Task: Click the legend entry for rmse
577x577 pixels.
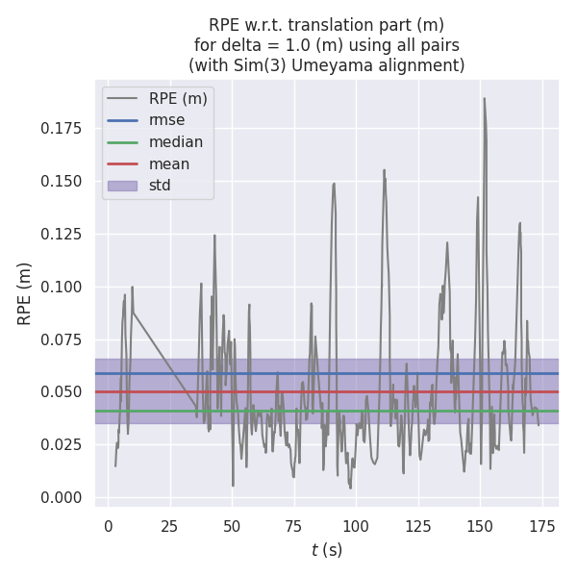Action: (165, 120)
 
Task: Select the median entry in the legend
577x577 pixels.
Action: (175, 142)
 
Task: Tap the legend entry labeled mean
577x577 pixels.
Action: (168, 163)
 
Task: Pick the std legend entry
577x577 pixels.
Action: (160, 185)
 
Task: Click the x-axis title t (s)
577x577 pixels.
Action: (327, 550)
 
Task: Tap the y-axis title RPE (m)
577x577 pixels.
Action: (25, 293)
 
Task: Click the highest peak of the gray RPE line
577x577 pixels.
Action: (484, 98)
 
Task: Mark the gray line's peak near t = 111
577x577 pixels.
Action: (384, 170)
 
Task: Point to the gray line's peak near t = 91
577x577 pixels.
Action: (334, 184)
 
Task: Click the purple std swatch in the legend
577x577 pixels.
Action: (122, 185)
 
